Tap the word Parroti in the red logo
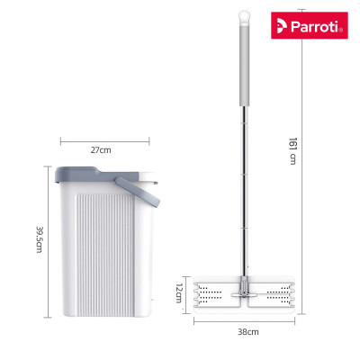321,25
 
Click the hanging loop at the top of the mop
241,17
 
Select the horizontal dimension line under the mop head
243,322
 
